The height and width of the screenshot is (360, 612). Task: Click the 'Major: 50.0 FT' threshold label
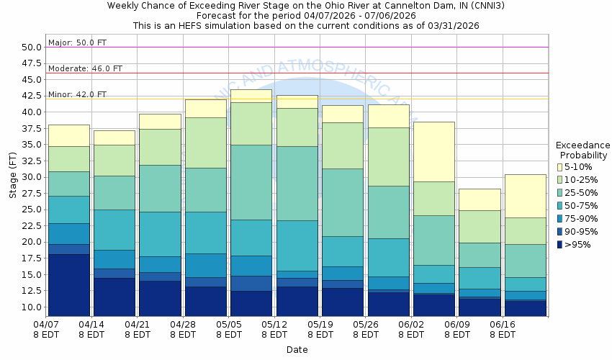[x=77, y=43]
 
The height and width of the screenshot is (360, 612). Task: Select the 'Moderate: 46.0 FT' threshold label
[x=85, y=69]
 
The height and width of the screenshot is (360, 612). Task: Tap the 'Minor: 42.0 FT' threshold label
[x=77, y=95]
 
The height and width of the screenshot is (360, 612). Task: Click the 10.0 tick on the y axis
[x=31, y=307]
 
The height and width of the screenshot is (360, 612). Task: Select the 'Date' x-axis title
[x=296, y=350]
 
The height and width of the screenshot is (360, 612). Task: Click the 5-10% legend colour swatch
[x=560, y=167]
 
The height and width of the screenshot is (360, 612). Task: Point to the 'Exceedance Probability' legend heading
[x=583, y=150]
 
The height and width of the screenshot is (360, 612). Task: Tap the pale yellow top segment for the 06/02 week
[x=433, y=151]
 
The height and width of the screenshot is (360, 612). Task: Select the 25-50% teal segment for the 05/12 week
[x=297, y=183]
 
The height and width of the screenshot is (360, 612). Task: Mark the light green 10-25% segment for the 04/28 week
[x=205, y=143]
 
